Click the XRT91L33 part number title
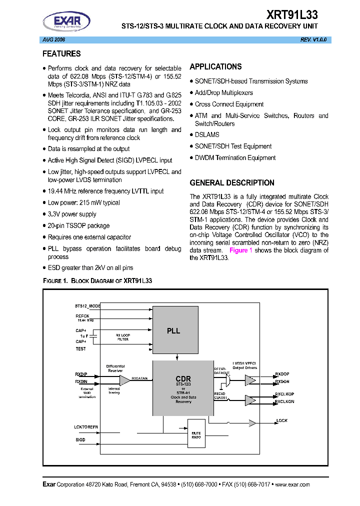click(x=290, y=14)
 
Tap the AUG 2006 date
click(x=52, y=39)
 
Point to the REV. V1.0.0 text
click(x=313, y=39)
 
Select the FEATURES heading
click(x=61, y=53)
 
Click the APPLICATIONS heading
click(x=215, y=66)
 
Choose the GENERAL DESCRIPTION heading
click(x=232, y=183)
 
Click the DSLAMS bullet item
click(x=207, y=134)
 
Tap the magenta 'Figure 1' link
click(x=240, y=250)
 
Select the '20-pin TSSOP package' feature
click(x=78, y=225)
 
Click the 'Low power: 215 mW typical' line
click(x=83, y=202)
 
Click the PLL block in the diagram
click(x=173, y=330)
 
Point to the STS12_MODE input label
click(x=87, y=305)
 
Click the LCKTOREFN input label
click(x=86, y=426)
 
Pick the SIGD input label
click(x=80, y=439)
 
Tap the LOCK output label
click(x=282, y=420)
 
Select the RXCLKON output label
click(x=284, y=401)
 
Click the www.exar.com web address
click(x=292, y=484)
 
